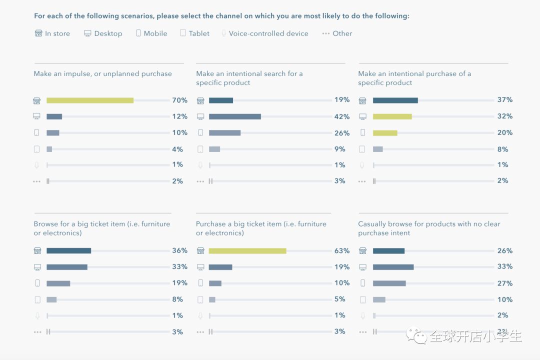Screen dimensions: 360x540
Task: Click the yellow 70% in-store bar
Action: pos(90,100)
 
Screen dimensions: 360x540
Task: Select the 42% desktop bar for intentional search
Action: pos(235,116)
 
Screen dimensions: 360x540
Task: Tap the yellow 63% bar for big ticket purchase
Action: pos(247,250)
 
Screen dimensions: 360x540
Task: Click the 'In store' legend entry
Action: pos(52,33)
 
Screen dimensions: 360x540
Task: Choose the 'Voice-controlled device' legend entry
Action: pos(264,33)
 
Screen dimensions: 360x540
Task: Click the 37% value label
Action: pos(505,100)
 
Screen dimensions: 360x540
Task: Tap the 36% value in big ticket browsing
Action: pos(180,250)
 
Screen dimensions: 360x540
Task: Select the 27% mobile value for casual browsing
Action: pos(505,283)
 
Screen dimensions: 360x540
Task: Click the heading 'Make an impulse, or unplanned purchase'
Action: pos(103,74)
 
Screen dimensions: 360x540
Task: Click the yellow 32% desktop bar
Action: pos(392,116)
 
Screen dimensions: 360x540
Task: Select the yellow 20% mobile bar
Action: pos(385,133)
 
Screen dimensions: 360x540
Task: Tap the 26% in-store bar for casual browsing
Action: pos(388,250)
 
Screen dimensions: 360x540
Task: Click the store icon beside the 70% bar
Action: pos(37,100)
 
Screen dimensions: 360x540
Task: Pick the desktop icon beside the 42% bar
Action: pos(200,116)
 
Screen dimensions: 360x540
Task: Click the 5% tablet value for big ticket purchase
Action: pos(340,299)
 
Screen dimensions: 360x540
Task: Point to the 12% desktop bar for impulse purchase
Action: pos(54,116)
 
